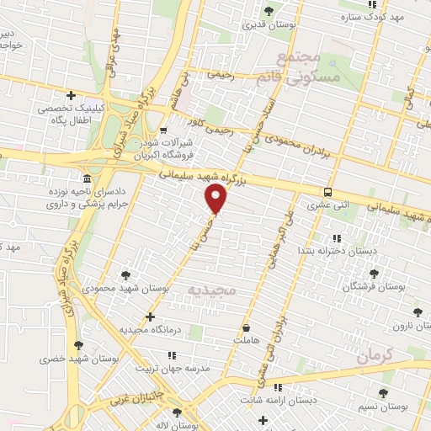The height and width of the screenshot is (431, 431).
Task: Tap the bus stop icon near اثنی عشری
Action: click(x=327, y=192)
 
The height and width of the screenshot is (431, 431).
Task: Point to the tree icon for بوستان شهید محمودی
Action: click(x=126, y=274)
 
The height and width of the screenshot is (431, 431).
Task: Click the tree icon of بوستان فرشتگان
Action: click(x=374, y=274)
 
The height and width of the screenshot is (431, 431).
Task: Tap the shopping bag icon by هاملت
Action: click(x=245, y=327)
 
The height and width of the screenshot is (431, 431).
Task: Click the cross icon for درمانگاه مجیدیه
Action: click(x=150, y=317)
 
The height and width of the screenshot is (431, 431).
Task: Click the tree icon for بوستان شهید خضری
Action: click(x=78, y=344)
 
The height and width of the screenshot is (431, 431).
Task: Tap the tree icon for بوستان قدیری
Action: click(x=269, y=11)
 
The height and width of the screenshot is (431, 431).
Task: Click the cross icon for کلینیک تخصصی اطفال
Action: click(x=72, y=95)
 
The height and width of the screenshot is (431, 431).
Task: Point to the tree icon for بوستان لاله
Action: click(x=176, y=412)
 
